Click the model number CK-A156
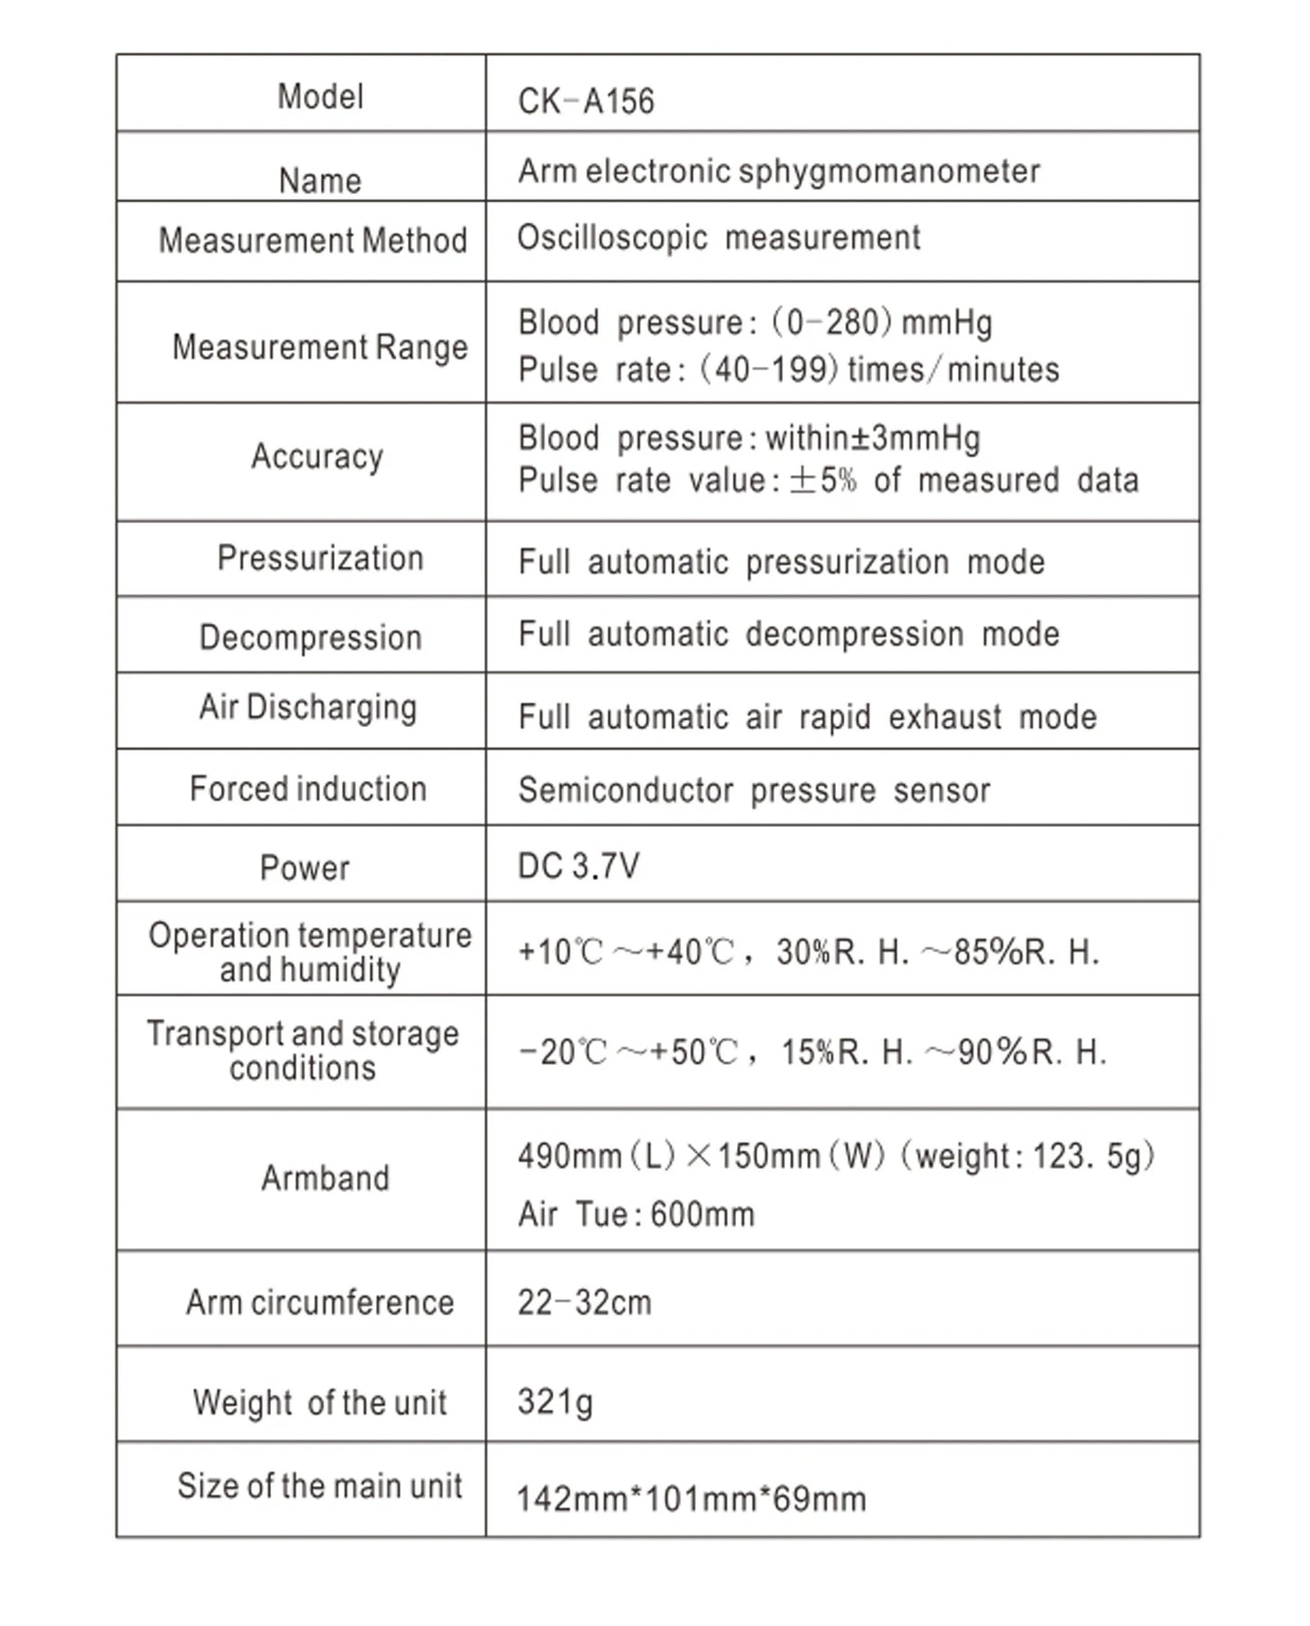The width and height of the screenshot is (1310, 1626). point(586,101)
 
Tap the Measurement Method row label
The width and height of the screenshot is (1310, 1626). point(313,240)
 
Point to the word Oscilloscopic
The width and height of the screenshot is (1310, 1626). point(612,237)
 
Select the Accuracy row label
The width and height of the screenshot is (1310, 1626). point(317,456)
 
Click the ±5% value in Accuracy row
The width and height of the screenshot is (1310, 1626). point(822,480)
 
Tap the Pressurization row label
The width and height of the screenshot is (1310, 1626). point(320,558)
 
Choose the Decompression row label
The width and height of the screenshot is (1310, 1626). point(311,637)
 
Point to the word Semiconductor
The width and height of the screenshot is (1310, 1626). point(626,790)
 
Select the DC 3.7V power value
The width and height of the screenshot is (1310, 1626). point(578,866)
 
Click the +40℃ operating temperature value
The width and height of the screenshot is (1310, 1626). point(689,953)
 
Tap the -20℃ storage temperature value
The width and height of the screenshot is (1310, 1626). point(562,1052)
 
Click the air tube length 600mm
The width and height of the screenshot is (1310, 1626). point(702,1214)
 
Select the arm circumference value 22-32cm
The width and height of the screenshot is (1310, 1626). point(585,1302)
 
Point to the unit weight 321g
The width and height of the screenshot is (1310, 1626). point(555,1401)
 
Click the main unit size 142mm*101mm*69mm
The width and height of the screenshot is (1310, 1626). point(691,1499)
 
